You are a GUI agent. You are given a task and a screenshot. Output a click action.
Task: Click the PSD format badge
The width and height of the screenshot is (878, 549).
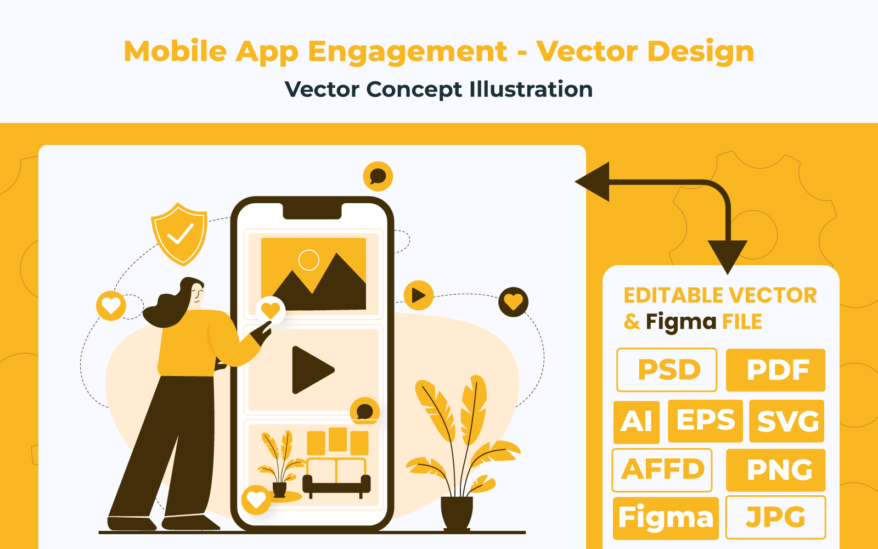[667, 370]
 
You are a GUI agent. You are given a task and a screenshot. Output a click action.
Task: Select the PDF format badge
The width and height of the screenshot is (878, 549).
[776, 370]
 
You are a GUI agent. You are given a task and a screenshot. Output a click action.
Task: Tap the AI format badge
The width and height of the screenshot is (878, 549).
[637, 422]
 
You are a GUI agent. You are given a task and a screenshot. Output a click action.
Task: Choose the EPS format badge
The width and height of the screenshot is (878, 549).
[705, 421]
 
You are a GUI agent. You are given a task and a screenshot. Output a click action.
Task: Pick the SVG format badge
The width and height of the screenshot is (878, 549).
[787, 421]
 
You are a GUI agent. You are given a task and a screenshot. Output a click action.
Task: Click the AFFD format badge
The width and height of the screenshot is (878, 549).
[662, 470]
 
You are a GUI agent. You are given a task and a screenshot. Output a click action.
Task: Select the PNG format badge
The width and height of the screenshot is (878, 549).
[776, 470]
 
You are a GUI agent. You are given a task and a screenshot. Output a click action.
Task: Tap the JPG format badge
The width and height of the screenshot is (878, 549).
[776, 517]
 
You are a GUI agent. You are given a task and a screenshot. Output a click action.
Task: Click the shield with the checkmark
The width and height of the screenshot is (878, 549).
[179, 234]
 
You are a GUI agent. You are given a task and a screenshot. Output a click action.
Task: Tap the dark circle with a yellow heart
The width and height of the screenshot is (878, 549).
[514, 302]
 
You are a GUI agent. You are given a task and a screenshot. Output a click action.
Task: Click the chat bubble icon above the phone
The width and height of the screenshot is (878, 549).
[378, 176]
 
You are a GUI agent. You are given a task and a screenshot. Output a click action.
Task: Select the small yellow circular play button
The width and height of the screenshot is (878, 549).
[419, 295]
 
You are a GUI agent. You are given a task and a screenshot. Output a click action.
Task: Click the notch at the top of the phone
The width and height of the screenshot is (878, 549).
[312, 211]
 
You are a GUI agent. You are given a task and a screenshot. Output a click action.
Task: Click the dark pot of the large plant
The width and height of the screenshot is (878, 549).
[457, 513]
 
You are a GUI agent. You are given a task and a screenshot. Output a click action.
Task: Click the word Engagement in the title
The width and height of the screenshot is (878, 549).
[408, 52]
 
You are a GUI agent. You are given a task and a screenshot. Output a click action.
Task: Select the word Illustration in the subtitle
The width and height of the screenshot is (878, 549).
[531, 89]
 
